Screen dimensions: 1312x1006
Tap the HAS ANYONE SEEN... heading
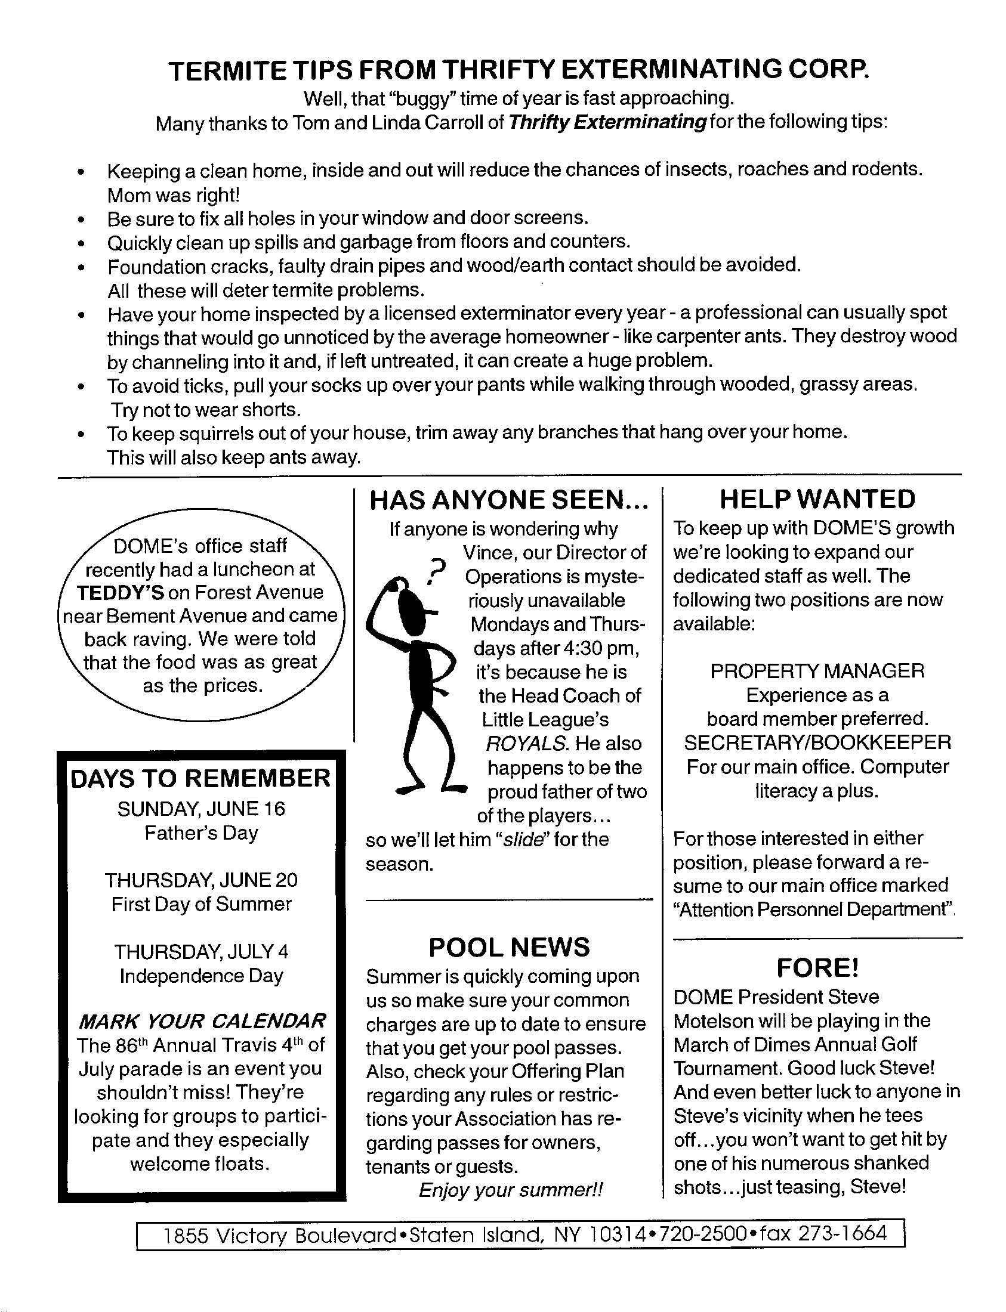click(x=509, y=500)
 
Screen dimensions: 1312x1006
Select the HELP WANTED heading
click(x=817, y=499)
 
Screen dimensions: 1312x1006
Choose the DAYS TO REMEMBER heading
click(x=200, y=778)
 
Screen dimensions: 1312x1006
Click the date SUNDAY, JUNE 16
click(x=201, y=809)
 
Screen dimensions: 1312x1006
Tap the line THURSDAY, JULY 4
click(x=201, y=952)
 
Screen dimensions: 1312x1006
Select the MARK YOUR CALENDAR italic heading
click(x=202, y=1020)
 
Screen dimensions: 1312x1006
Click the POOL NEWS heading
click(x=509, y=948)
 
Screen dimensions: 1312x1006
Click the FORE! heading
click(x=817, y=968)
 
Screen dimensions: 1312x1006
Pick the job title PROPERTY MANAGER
click(x=817, y=671)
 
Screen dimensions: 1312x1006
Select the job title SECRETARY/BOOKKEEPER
click(x=817, y=743)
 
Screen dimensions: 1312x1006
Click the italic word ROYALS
click(x=526, y=744)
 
